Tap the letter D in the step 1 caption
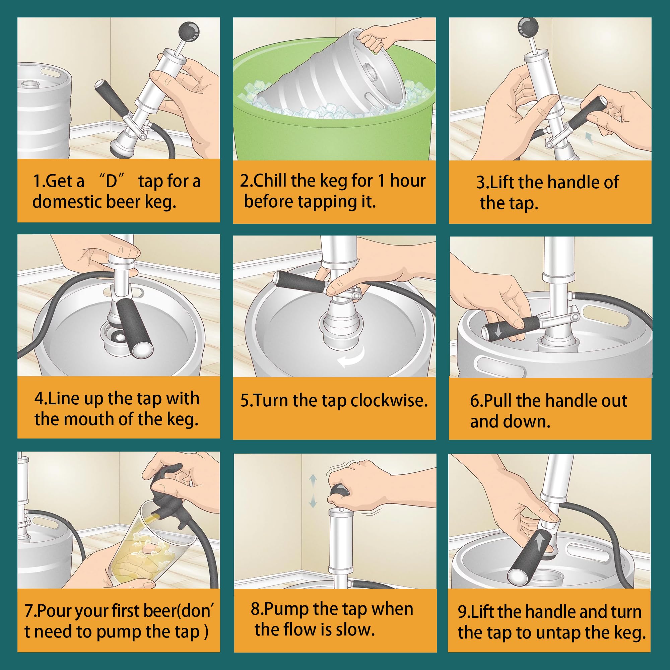pyautogui.click(x=112, y=181)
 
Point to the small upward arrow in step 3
pyautogui.click(x=589, y=137)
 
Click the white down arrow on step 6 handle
pyautogui.click(x=498, y=332)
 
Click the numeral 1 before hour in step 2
pyautogui.click(x=381, y=181)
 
